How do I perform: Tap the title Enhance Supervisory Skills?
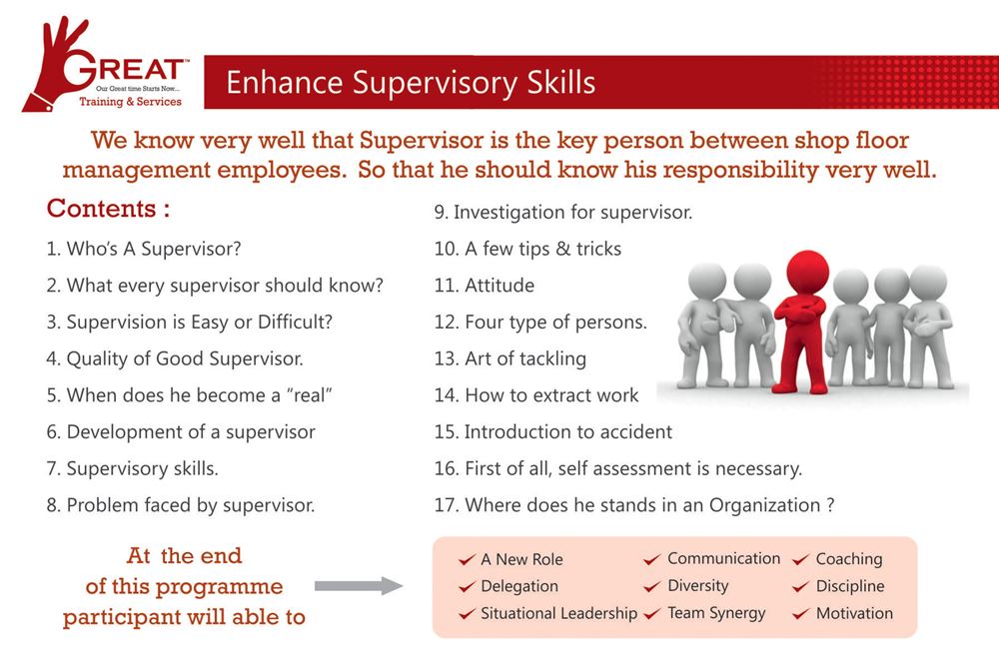point(411,83)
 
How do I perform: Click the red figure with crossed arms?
point(801,323)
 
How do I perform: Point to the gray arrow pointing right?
point(359,586)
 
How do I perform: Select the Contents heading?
point(108,209)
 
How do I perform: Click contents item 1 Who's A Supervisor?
point(144,249)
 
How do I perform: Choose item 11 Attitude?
point(485,286)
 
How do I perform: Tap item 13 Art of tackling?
point(510,359)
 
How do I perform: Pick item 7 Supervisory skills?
point(133,468)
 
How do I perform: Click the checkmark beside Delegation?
point(467,586)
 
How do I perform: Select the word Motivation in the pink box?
point(854,613)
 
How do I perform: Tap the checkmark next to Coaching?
point(801,560)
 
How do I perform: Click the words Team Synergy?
point(716,613)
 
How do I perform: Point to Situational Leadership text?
point(558,613)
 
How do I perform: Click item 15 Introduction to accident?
point(553,431)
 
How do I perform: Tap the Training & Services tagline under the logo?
point(130,101)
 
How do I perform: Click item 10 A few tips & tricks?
point(527,249)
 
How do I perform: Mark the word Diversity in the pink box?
point(697,586)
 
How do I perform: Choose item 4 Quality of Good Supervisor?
point(175,359)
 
